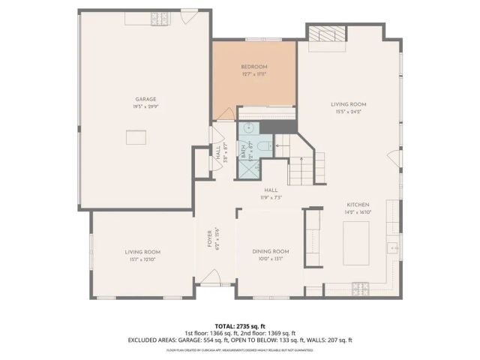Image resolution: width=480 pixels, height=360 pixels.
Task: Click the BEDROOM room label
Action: point(254,66)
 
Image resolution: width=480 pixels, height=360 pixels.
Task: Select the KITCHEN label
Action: point(358,205)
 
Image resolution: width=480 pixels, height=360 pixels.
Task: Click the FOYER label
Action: point(211,238)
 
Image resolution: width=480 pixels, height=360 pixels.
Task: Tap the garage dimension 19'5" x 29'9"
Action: point(145,106)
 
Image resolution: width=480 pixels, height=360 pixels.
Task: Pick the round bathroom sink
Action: point(246,127)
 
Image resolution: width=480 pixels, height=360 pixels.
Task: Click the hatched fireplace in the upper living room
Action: point(326,33)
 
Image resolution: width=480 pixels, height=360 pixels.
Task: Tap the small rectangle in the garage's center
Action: point(136,138)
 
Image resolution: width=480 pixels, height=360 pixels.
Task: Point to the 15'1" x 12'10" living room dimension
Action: point(142,259)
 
